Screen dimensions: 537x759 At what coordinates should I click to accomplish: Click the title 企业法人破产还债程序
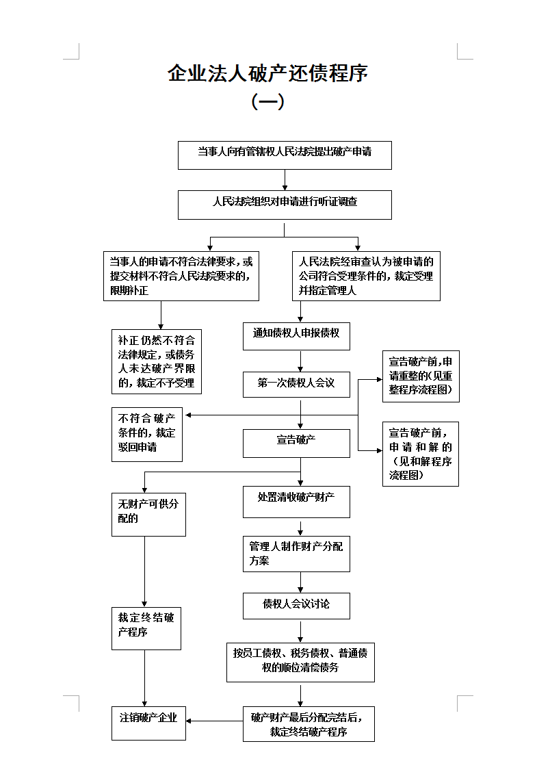(267, 73)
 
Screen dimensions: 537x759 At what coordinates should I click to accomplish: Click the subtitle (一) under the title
(267, 101)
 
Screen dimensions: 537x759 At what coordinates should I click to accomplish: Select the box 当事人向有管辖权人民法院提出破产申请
(285, 155)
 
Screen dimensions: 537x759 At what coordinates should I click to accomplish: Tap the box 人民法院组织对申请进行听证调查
(285, 205)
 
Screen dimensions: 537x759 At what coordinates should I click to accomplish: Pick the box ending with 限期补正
(181, 276)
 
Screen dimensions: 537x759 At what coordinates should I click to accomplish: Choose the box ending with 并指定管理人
(366, 276)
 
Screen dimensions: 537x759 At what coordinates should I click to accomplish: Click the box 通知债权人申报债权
(296, 337)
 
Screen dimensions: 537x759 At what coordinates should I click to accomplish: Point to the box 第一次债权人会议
(296, 385)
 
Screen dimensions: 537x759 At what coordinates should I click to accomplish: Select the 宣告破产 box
(296, 443)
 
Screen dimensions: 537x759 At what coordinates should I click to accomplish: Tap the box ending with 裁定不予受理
(156, 362)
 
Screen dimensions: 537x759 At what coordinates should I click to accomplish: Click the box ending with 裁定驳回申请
(147, 435)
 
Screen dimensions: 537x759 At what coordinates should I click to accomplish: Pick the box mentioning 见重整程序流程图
(421, 376)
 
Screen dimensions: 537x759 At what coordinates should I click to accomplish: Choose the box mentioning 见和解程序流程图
(421, 454)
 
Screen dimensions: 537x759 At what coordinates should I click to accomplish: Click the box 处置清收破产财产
(296, 502)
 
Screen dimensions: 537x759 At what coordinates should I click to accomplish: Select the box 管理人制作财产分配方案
(296, 554)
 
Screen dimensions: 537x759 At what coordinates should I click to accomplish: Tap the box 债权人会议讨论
(296, 606)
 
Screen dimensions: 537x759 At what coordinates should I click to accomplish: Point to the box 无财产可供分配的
(148, 515)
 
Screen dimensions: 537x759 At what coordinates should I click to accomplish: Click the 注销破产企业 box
(148, 723)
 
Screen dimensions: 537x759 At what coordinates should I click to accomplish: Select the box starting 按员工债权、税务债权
(300, 662)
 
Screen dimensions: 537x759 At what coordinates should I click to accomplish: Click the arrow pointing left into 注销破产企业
(214, 721)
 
